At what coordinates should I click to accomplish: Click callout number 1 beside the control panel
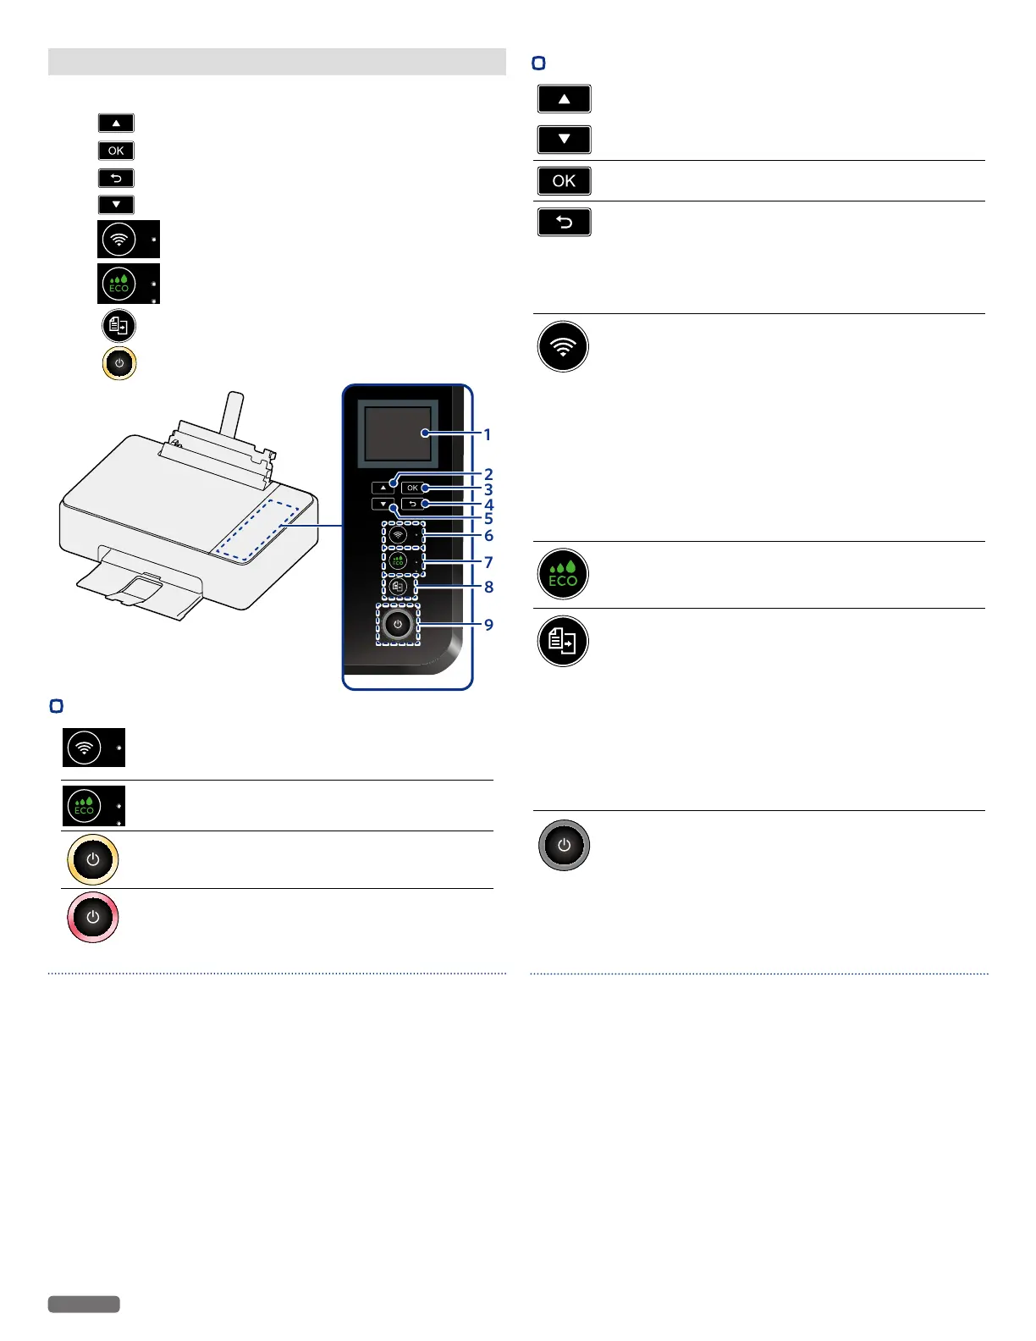488,434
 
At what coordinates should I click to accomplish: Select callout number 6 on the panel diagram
488,536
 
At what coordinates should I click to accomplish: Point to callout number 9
488,625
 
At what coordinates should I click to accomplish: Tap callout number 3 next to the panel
488,489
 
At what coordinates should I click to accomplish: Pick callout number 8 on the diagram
488,587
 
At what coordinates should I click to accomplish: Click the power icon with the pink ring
93,918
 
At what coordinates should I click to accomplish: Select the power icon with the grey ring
565,846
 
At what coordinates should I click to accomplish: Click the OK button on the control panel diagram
412,488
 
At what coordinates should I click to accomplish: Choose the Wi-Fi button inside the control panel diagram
398,536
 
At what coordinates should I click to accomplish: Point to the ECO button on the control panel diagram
398,560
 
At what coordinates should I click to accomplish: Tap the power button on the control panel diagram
398,625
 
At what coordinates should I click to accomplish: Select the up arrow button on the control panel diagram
383,488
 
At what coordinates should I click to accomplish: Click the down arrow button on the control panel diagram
383,504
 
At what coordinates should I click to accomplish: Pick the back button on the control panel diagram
412,504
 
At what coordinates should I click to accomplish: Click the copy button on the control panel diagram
398,586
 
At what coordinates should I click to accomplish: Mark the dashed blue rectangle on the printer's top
256,530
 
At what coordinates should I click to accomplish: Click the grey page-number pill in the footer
84,1305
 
